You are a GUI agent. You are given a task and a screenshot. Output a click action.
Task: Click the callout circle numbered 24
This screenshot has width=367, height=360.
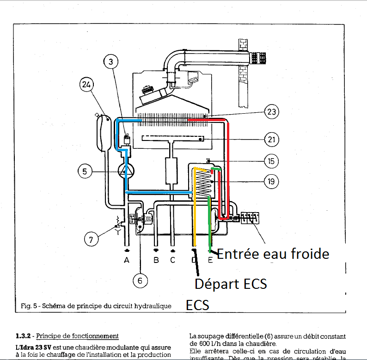point(87,85)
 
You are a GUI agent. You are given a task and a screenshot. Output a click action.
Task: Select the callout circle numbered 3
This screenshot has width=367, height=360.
point(111,60)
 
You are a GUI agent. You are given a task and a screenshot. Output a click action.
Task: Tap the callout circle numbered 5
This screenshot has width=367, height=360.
point(85,171)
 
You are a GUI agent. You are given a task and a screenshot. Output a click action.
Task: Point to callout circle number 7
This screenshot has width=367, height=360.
point(91,239)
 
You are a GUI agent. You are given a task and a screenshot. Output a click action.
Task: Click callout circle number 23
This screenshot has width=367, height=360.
point(271,111)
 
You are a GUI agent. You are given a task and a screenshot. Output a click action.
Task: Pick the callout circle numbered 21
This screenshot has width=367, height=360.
point(271,138)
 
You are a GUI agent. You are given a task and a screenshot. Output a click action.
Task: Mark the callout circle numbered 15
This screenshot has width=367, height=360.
point(271,161)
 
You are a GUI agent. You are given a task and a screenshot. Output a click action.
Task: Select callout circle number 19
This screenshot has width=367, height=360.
point(271,182)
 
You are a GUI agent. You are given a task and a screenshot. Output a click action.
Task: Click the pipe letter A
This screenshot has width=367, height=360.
point(127,260)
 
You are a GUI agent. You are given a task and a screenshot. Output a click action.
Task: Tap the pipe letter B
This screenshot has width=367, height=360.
point(156,260)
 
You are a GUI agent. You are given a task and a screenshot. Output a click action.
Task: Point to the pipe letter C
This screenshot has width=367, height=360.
point(172,260)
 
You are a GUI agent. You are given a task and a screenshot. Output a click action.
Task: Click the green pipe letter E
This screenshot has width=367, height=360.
point(210,260)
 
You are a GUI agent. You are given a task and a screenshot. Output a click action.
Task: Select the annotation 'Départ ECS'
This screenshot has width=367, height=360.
point(231,283)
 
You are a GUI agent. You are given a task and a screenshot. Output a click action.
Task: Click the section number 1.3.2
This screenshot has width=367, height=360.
point(24,336)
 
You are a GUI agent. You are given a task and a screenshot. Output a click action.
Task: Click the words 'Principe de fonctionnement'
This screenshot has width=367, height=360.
point(77,336)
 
